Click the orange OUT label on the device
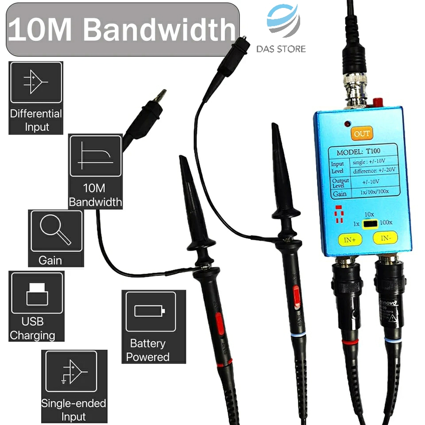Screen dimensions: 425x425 (x=361, y=133)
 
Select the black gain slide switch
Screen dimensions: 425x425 (x=369, y=224)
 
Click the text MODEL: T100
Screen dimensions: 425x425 (x=355, y=152)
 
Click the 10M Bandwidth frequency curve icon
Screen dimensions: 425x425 (x=95, y=158)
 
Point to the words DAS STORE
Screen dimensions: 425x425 (x=281, y=49)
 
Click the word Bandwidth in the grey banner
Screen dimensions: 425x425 (x=159, y=30)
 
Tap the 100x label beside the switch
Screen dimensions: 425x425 (x=386, y=222)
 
